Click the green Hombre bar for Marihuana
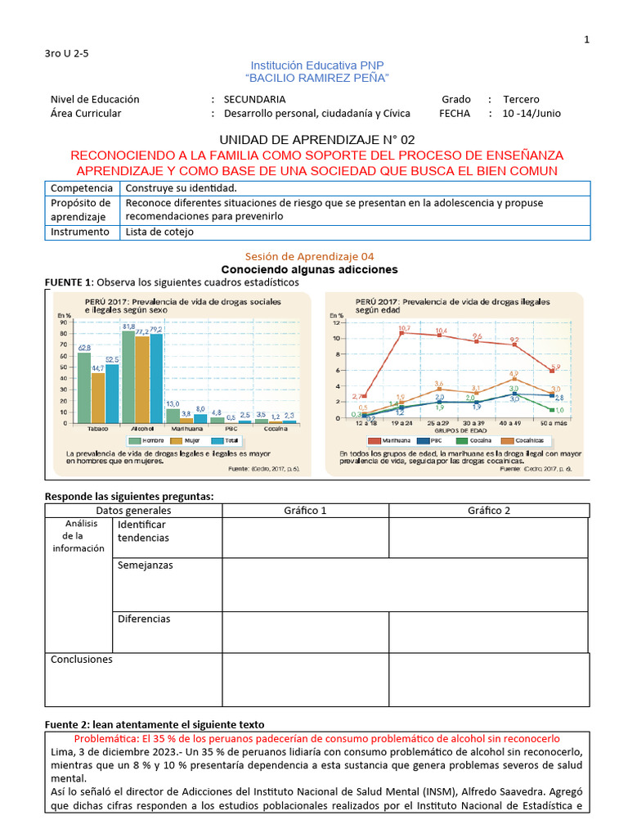(173, 415)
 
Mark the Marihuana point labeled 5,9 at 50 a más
(554, 371)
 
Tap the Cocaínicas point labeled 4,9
(514, 379)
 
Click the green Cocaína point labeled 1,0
(554, 410)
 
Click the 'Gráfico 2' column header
(489, 511)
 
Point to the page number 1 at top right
(586, 40)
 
